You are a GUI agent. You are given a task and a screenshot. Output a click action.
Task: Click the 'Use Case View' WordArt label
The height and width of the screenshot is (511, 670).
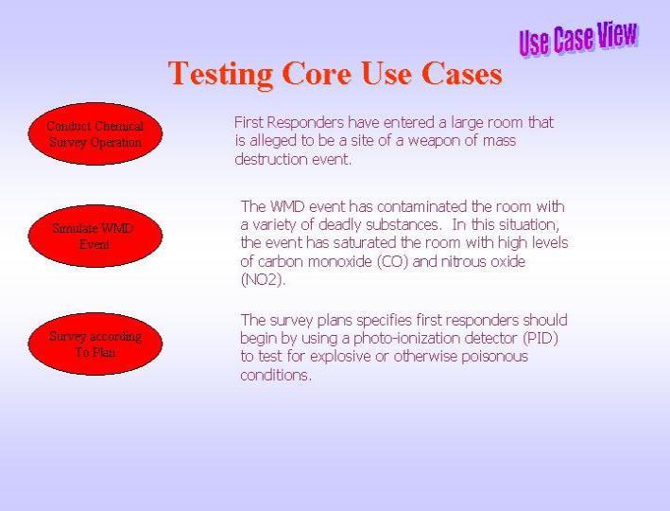578,39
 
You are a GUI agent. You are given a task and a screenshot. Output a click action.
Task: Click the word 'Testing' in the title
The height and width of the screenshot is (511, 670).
220,75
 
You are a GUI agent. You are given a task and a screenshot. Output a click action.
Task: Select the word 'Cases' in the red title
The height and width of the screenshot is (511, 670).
461,73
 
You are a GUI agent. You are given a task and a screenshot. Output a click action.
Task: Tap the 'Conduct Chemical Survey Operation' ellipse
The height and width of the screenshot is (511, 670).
95,133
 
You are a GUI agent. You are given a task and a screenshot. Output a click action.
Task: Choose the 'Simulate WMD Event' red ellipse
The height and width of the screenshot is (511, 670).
95,236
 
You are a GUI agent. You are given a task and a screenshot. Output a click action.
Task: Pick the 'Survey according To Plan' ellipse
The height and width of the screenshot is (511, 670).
95,344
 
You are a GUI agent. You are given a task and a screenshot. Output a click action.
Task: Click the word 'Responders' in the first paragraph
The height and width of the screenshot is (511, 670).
305,123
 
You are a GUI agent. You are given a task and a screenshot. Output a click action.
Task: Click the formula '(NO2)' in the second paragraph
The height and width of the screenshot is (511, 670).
263,280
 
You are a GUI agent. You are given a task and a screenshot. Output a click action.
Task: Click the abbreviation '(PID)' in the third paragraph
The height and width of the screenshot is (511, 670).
541,338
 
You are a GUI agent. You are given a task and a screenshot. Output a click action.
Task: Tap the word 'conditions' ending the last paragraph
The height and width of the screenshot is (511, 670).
276,376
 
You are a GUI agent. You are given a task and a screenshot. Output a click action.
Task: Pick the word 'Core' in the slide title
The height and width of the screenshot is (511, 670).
317,73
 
